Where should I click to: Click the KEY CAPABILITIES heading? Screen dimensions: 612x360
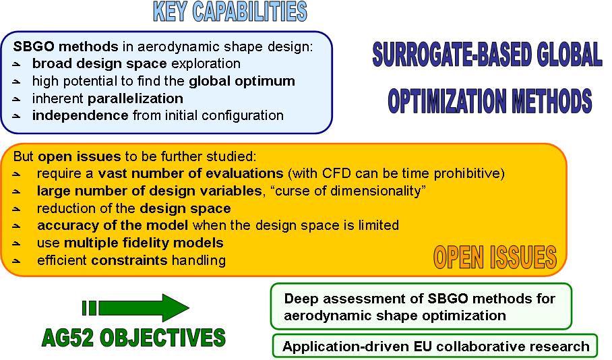[230, 11]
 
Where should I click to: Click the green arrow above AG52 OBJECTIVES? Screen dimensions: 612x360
[136, 308]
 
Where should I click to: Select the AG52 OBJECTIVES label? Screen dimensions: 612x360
[133, 338]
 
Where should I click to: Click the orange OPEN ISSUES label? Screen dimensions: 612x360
[495, 258]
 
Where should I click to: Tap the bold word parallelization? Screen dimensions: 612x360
[135, 98]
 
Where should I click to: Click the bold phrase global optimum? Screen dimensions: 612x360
[242, 81]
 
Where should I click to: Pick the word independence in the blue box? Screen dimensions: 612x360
[80, 115]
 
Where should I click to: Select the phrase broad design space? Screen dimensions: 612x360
[100, 63]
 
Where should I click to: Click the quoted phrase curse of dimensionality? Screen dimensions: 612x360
[350, 191]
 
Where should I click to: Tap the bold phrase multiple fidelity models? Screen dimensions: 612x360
[144, 243]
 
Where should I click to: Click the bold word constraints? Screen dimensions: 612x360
[129, 260]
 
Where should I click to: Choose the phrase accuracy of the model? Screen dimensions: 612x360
[113, 225]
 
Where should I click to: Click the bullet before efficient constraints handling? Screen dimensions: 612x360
[16, 260]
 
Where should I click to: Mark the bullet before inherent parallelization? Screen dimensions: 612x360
[16, 99]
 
